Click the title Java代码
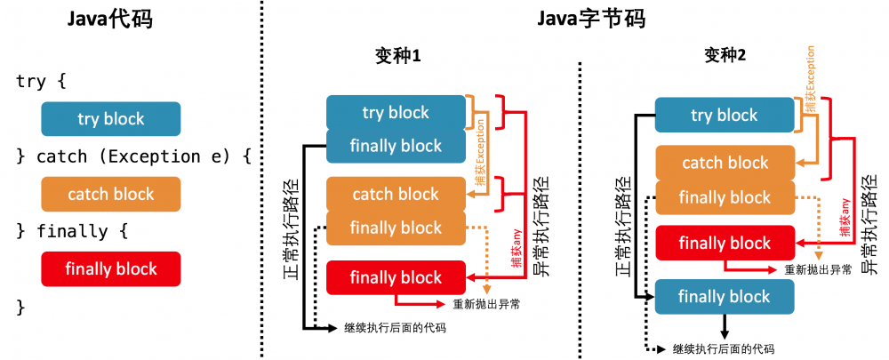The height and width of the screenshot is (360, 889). click(x=111, y=19)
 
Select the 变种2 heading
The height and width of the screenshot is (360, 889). click(x=725, y=55)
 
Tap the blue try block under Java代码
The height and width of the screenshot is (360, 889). click(x=111, y=118)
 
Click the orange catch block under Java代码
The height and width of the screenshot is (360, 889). click(x=111, y=194)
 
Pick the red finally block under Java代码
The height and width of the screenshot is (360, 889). click(x=111, y=268)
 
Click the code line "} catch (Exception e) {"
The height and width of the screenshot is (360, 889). click(x=134, y=156)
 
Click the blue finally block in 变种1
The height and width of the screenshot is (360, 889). click(x=396, y=146)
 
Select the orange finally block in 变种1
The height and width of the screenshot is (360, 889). click(x=396, y=228)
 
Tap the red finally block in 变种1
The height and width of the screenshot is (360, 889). click(x=396, y=277)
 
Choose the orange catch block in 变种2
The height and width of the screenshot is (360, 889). click(x=725, y=163)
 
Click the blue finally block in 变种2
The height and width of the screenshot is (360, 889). click(x=725, y=296)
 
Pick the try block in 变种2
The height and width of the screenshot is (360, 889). click(x=725, y=115)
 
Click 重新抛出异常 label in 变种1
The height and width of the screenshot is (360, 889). click(x=486, y=304)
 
